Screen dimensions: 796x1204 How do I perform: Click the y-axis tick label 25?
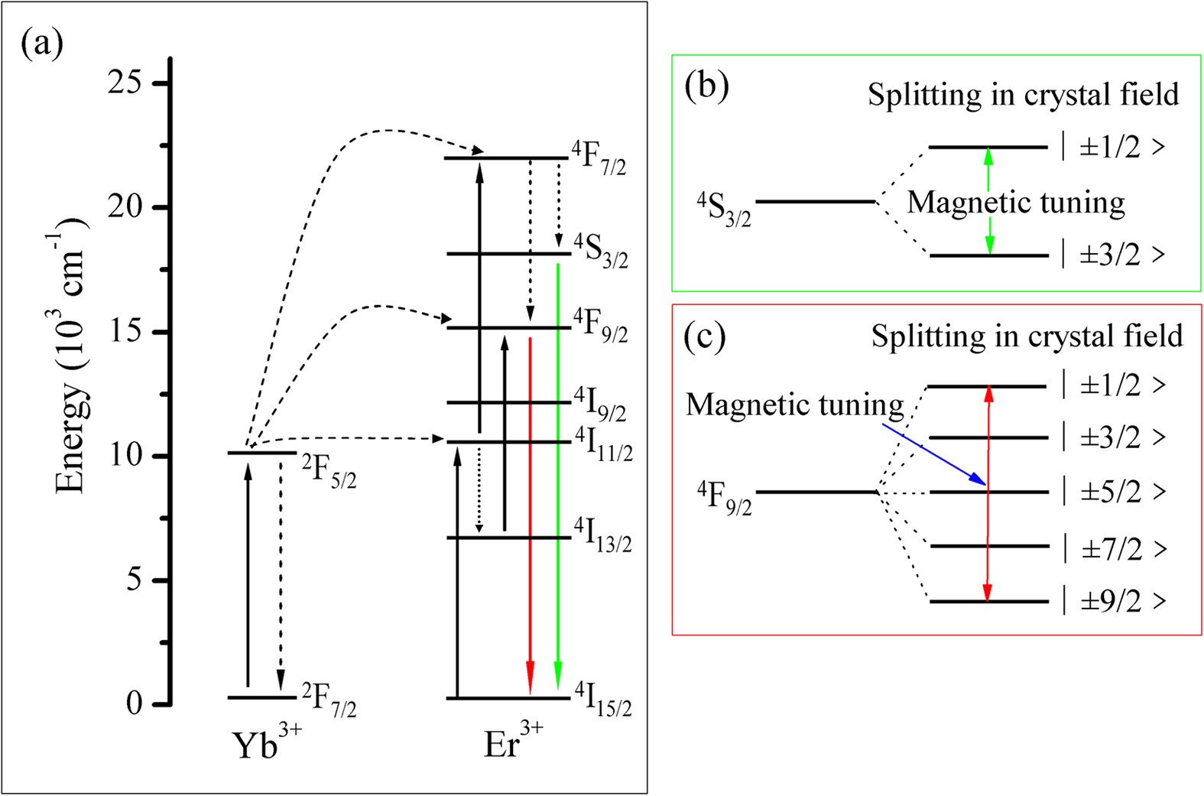[x=125, y=83]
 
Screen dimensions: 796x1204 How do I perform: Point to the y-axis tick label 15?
[x=125, y=332]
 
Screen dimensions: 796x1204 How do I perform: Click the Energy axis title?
[x=72, y=356]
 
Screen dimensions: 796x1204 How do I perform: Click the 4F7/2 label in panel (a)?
[x=599, y=158]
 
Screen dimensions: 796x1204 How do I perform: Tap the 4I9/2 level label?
[x=600, y=404]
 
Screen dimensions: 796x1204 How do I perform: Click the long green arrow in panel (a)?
[x=558, y=474]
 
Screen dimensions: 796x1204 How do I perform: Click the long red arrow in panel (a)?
[x=530, y=512]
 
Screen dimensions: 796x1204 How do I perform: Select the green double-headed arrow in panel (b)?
[x=989, y=201]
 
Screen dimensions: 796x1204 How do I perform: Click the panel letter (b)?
[x=706, y=86]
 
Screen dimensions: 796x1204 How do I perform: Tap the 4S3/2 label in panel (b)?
[x=723, y=210]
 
